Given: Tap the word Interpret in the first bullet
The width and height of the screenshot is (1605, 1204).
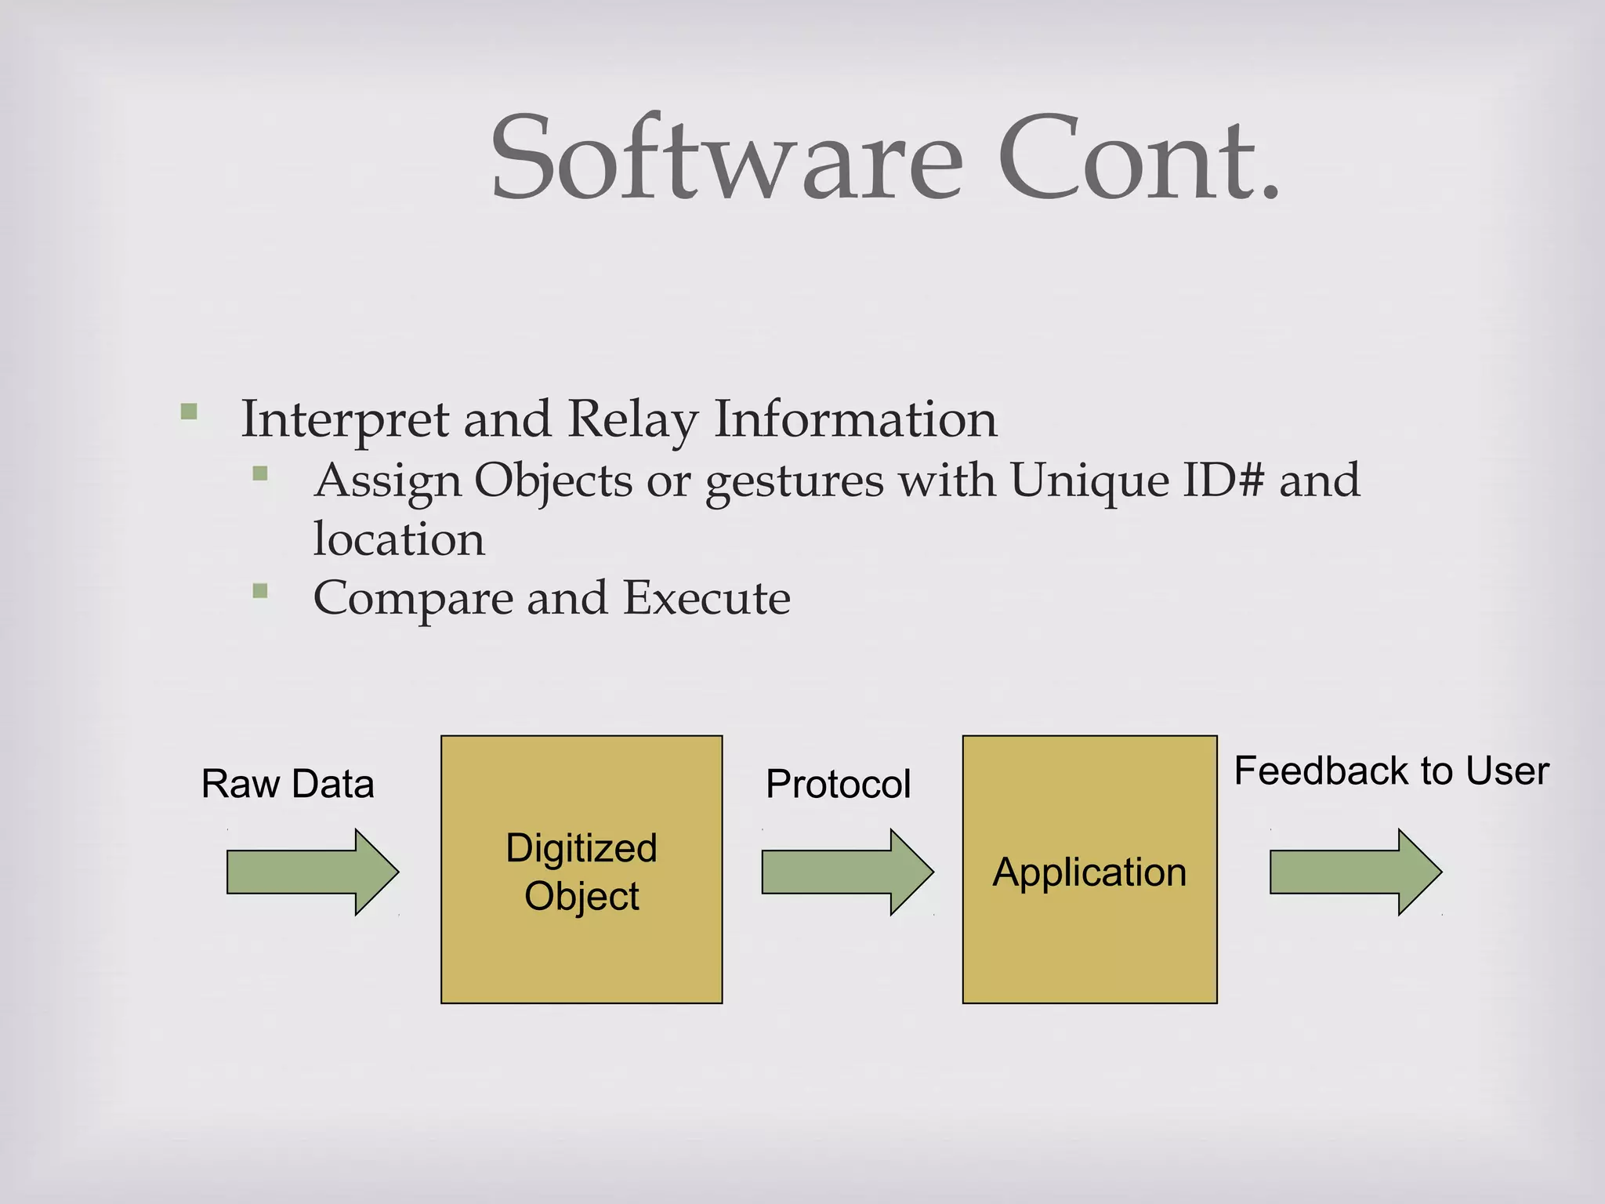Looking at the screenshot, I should tap(345, 420).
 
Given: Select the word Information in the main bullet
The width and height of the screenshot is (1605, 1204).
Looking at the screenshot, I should tap(856, 419).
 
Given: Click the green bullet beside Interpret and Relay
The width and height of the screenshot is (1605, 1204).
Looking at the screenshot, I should tap(189, 412).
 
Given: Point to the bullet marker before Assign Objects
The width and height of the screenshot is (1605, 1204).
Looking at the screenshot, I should tap(260, 473).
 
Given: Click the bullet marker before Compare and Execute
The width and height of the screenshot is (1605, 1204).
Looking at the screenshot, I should tap(260, 590).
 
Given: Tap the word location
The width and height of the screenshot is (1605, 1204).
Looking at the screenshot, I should tap(399, 539).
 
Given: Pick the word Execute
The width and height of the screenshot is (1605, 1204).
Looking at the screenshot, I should tap(706, 598).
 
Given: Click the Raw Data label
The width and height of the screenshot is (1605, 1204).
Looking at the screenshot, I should tap(288, 784).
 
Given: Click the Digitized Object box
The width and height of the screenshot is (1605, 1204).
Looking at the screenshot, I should tap(581, 869).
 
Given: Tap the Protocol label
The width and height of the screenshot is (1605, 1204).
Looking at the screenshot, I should tap(838, 784).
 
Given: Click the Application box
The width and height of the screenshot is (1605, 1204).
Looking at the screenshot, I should tap(1089, 869).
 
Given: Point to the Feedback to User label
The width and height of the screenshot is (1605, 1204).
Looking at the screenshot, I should tap(1391, 771).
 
